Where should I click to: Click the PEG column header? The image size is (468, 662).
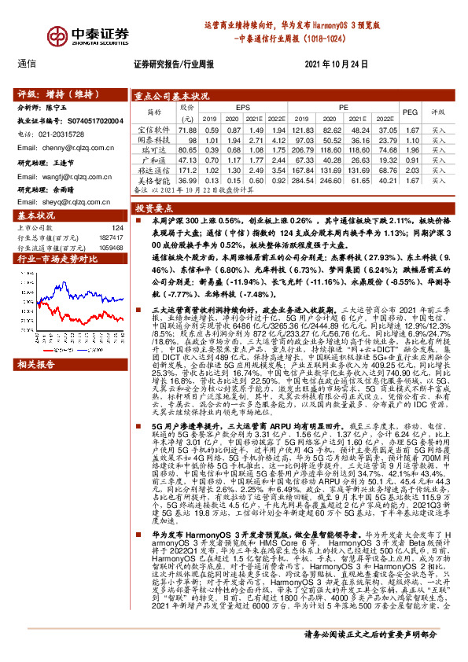pos(410,112)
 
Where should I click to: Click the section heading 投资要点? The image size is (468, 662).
pos(153,209)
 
